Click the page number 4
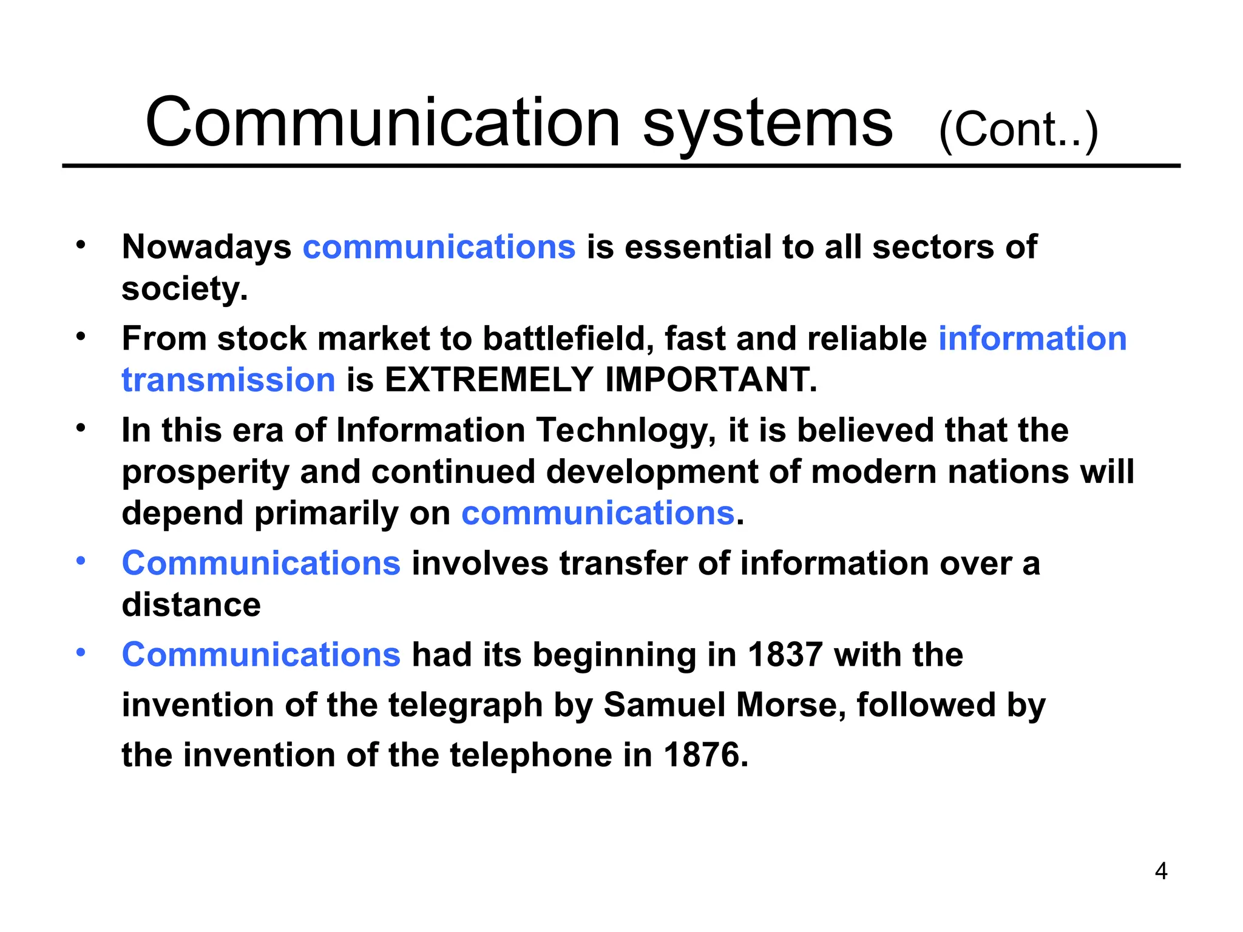click(1160, 871)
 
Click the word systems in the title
click(767, 124)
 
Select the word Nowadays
click(206, 248)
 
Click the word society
click(184, 289)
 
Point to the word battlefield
click(568, 339)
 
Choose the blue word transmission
click(228, 380)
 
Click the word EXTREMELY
click(489, 380)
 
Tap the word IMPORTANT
click(711, 380)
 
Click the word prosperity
click(206, 473)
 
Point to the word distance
click(191, 605)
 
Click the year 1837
click(785, 655)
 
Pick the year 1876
click(706, 755)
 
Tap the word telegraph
click(466, 706)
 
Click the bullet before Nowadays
click(81, 246)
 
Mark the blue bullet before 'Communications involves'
click(81, 561)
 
